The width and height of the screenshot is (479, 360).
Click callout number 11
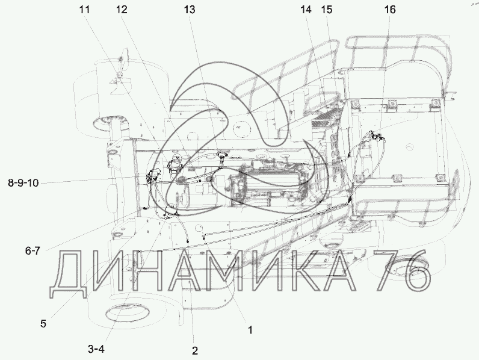coord(85,10)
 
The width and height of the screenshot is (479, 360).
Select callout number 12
coord(122,10)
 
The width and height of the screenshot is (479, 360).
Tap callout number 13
coord(189,10)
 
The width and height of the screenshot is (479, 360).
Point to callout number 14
coord(306,10)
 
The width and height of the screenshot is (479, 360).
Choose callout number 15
coord(327,10)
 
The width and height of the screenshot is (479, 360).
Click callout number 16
coord(389,10)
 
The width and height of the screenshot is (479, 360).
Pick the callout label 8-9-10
coord(23,183)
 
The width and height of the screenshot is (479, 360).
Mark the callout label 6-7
coord(32,251)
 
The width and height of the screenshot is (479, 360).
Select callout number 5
coord(43,324)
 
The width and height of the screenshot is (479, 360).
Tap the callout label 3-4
coord(96,349)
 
